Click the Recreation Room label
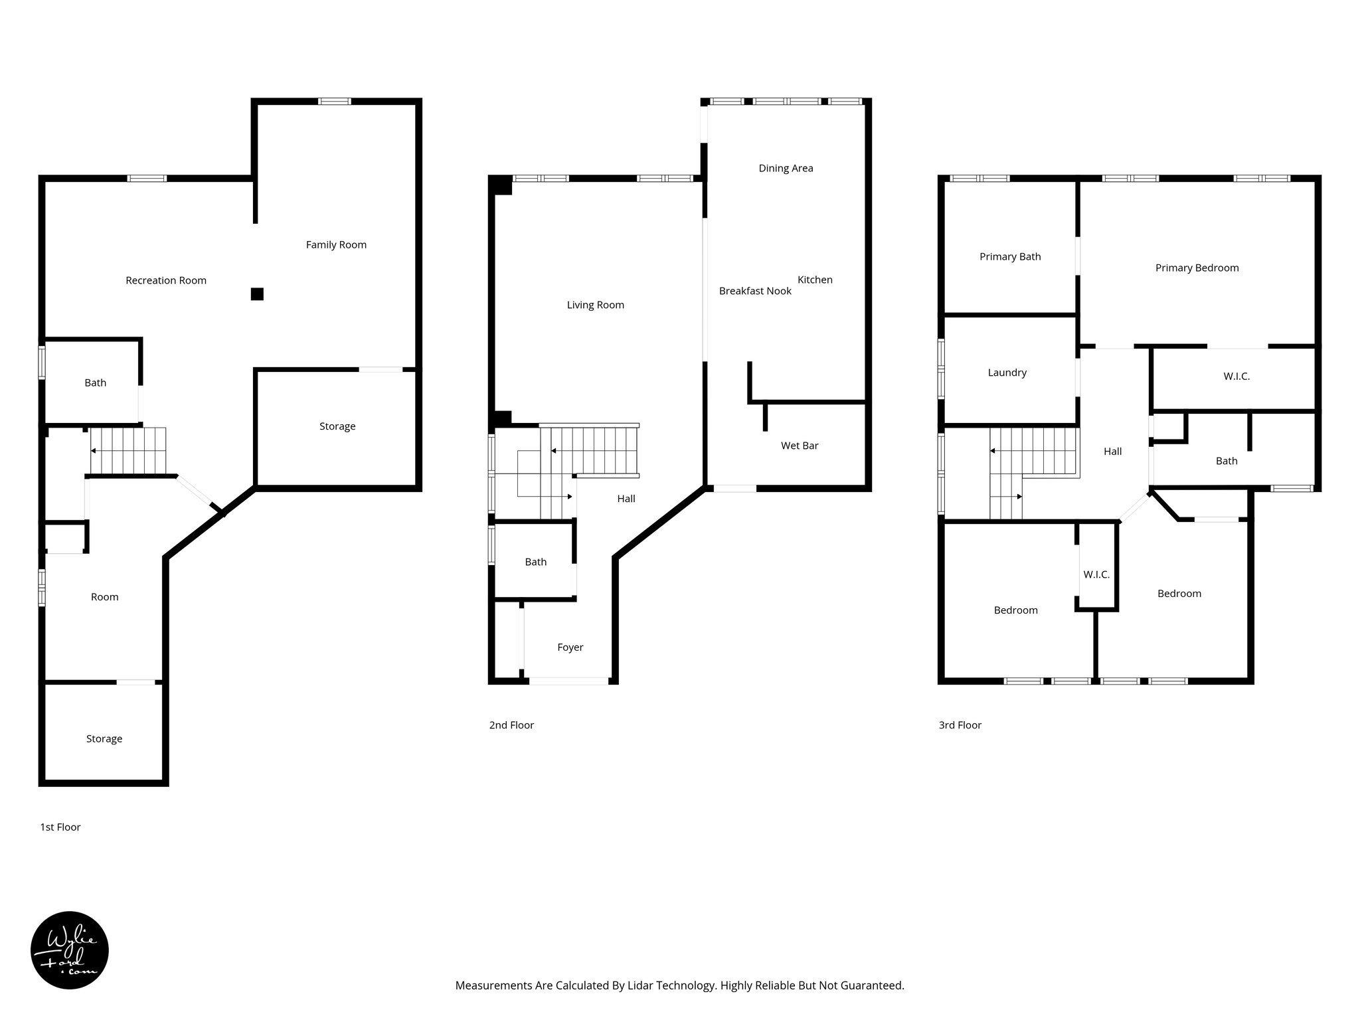pyautogui.click(x=166, y=280)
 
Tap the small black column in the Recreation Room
pyautogui.click(x=257, y=294)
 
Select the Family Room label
pyautogui.click(x=336, y=244)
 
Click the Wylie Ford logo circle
pyautogui.click(x=70, y=950)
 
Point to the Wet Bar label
pyautogui.click(x=800, y=446)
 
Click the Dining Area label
pyautogui.click(x=786, y=168)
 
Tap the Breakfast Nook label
pyautogui.click(x=755, y=291)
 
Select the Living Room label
pyautogui.click(x=595, y=305)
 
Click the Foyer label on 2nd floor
pyautogui.click(x=570, y=647)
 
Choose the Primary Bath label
pyautogui.click(x=1010, y=256)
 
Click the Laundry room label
pyautogui.click(x=1007, y=373)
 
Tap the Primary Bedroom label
pyautogui.click(x=1197, y=268)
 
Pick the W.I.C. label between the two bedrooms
pyautogui.click(x=1096, y=574)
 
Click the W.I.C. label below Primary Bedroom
pyautogui.click(x=1236, y=376)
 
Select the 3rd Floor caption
pyautogui.click(x=960, y=725)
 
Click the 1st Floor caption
pyautogui.click(x=60, y=827)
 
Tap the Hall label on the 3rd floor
pyautogui.click(x=1112, y=452)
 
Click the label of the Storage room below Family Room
pyautogui.click(x=337, y=426)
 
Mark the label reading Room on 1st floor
pyautogui.click(x=105, y=597)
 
